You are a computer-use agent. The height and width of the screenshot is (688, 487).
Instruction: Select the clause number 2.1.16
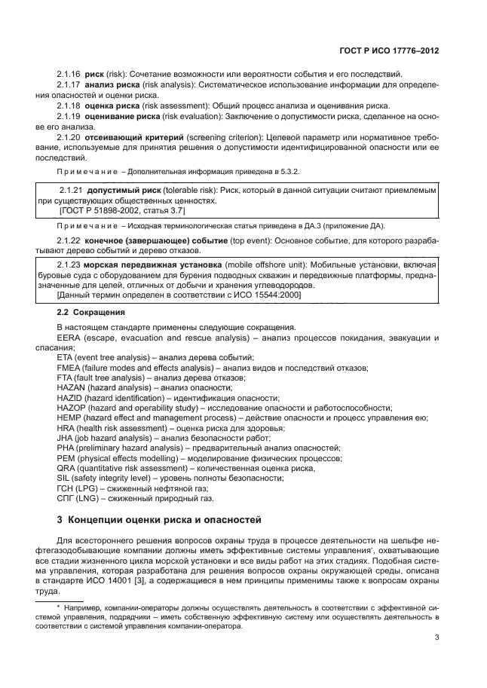pos(69,74)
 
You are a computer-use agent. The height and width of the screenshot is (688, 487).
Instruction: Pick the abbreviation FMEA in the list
pos(69,367)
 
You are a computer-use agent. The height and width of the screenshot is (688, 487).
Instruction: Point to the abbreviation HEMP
pos(69,417)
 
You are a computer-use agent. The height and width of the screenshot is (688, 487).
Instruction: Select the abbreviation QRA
pos(66,468)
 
